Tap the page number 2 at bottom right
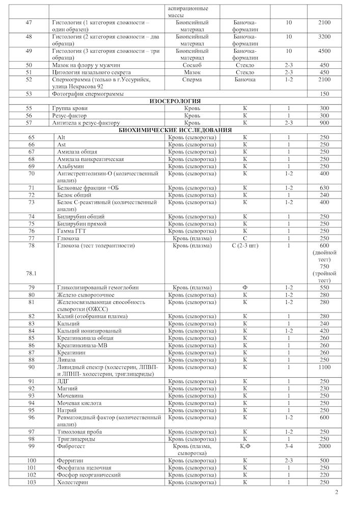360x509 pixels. coord(337,492)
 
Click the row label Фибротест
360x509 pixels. coord(72,446)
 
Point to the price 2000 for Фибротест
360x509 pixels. coord(324,446)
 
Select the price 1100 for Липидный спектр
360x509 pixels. coord(324,366)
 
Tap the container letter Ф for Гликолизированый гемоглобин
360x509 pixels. coord(245,288)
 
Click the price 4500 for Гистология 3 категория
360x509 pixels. coord(324,51)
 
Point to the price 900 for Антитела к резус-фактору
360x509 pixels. coord(324,123)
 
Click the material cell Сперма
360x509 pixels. coord(192,79)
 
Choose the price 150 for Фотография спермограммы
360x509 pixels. coord(324,94)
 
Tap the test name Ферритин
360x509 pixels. coord(71,461)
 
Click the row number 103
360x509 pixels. coord(32,482)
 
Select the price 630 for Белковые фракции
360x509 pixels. coord(324,188)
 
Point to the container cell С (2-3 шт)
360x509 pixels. coord(245,246)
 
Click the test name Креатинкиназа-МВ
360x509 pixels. coord(84,345)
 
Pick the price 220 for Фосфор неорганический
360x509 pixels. coord(324,475)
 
